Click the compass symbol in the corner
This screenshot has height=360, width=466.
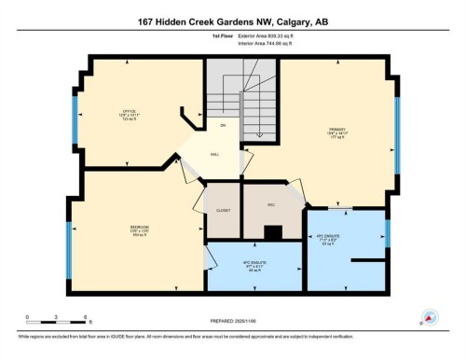click(430, 317)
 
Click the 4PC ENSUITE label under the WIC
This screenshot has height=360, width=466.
click(253, 265)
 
